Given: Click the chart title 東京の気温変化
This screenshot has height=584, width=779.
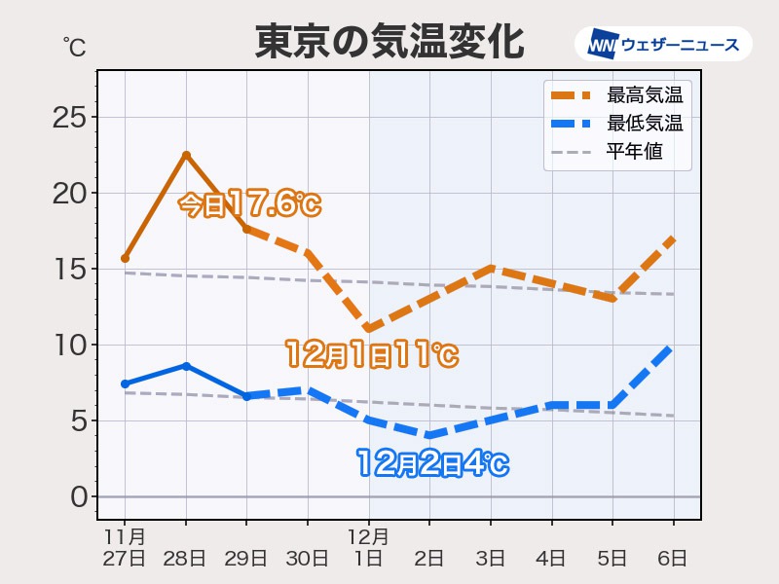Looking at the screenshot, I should [x=389, y=43].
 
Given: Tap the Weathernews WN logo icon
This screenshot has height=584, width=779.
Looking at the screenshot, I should [x=603, y=45].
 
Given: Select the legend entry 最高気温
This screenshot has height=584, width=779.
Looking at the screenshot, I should [x=644, y=95].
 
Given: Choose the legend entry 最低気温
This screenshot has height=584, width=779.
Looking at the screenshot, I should [x=644, y=124].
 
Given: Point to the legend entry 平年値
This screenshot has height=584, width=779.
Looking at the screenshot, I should [x=634, y=152].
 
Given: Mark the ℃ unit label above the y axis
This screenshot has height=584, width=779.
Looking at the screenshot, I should [x=73, y=46].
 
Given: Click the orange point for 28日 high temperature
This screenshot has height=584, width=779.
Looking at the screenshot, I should [x=186, y=155].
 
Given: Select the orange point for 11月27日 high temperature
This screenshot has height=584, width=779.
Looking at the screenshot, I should [x=126, y=258].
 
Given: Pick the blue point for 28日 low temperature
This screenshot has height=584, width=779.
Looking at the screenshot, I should [x=186, y=366].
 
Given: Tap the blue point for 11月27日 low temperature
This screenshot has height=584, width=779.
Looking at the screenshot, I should [x=126, y=383].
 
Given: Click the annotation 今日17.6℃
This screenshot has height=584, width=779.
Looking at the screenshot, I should [x=249, y=203].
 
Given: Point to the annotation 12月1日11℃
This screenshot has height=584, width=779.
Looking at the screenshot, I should [x=371, y=354].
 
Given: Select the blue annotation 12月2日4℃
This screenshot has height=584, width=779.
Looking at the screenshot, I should [x=431, y=463].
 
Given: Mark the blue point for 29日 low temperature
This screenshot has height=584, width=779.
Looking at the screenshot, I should [x=246, y=396].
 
